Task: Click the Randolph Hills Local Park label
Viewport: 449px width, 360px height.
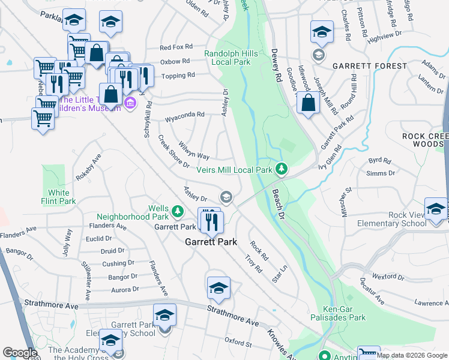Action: coord(231,58)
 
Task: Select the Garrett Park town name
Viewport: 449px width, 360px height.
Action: coord(210,242)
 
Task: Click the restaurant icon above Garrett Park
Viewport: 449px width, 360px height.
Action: coord(211,222)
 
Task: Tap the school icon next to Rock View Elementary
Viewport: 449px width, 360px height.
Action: coord(435,210)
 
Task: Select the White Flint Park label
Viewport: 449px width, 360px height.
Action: coord(59,197)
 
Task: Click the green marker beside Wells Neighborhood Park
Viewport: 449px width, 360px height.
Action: coord(177,211)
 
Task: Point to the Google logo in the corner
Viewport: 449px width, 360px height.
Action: coord(20,353)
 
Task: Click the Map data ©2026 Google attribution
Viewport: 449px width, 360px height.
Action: coord(411,355)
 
